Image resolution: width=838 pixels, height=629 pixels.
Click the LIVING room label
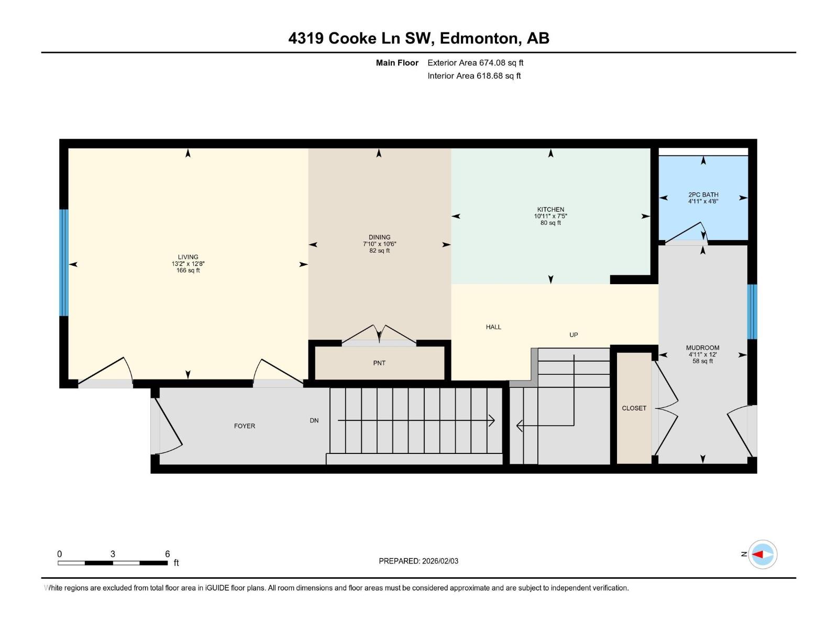(x=188, y=257)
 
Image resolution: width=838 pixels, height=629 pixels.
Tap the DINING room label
(x=379, y=237)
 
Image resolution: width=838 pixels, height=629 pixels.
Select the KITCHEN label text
(x=550, y=209)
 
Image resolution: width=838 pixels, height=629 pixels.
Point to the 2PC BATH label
(x=703, y=194)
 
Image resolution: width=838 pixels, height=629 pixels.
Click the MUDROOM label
(x=702, y=348)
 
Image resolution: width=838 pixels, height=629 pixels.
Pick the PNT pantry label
(x=379, y=363)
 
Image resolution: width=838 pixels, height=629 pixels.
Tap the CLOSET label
(x=634, y=408)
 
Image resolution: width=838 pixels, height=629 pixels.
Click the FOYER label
(x=245, y=426)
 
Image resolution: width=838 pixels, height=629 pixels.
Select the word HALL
(x=493, y=327)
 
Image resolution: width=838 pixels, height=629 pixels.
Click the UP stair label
(x=574, y=334)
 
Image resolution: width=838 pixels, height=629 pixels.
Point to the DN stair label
(x=314, y=420)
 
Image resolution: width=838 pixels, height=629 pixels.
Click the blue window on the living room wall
(x=64, y=263)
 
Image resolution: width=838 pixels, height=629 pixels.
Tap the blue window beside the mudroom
(x=752, y=311)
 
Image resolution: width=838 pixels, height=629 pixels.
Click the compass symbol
(x=762, y=554)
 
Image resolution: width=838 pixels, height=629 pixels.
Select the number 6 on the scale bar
(x=167, y=554)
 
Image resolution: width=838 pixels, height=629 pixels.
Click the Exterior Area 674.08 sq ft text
(x=476, y=62)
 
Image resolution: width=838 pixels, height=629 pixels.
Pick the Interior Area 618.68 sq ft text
(x=474, y=75)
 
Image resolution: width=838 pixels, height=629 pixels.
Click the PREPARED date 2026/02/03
(x=440, y=561)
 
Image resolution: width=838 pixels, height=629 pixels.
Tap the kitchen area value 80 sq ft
(x=550, y=223)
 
